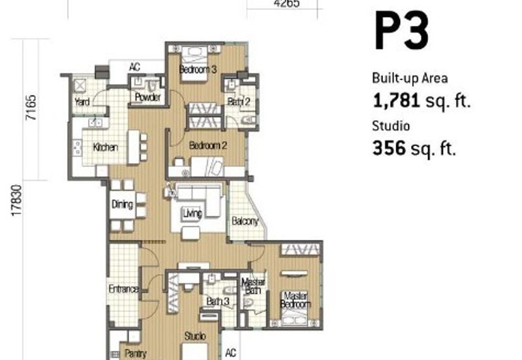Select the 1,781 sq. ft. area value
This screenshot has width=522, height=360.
pos(421,100)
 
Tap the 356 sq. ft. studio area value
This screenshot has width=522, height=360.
pos(414,149)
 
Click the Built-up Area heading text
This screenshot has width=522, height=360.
pos(410,78)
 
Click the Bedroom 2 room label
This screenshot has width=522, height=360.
pos(207,147)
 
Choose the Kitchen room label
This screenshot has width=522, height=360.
pos(105,147)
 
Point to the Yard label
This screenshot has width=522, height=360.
pos(82,102)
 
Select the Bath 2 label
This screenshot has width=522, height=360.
pos(235,101)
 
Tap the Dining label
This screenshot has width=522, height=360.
pos(122,205)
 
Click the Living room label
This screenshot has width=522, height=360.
pos(192,213)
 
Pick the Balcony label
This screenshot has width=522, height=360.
pos(245,222)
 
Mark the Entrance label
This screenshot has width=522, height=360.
pos(123,289)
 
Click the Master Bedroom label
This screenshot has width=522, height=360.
pos(295,300)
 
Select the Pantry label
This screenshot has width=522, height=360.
pos(135,353)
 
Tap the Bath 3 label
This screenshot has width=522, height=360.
pos(217,301)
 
